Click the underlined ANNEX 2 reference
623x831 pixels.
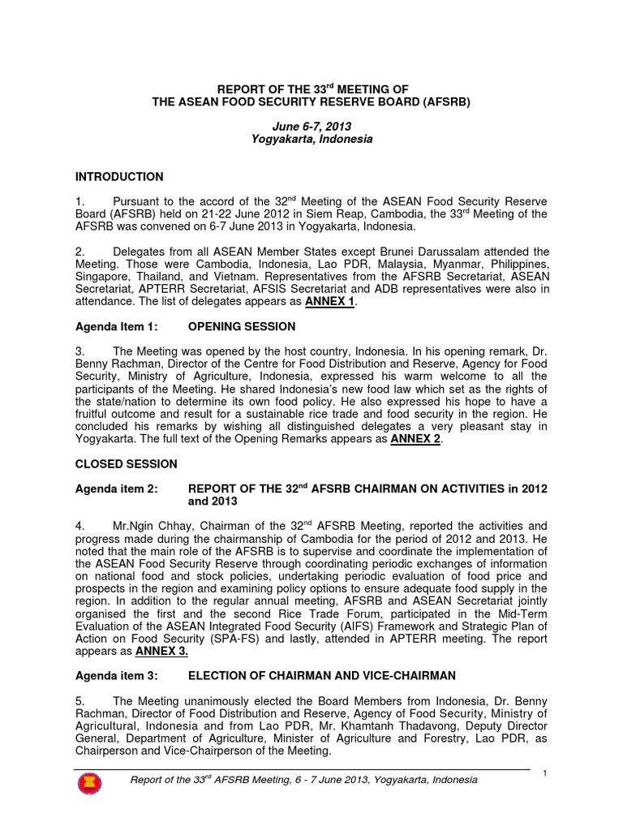[x=418, y=439]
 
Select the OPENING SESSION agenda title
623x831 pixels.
[x=242, y=326]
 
